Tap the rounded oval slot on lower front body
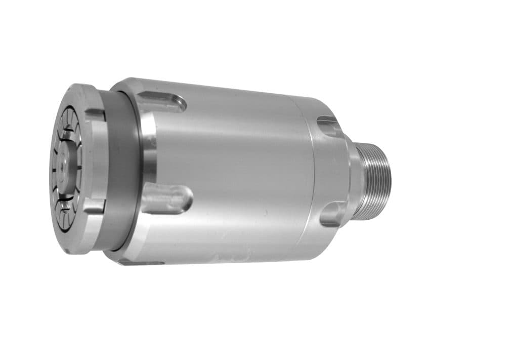pos(167,198)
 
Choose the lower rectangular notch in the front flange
pos(95,206)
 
